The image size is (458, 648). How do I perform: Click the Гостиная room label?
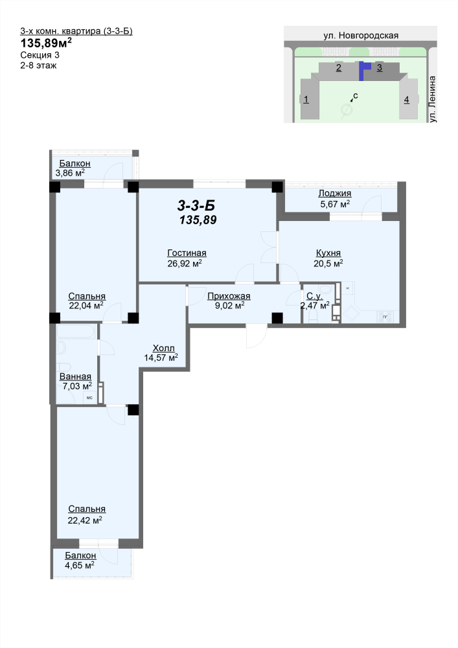point(187,253)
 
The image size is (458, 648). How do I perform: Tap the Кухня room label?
point(328,253)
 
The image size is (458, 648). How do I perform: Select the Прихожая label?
point(229,296)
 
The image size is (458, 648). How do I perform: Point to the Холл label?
point(163,348)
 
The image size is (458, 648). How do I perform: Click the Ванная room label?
point(75,376)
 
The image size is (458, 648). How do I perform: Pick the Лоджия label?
point(334,193)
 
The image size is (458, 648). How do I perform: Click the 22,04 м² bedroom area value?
point(86,306)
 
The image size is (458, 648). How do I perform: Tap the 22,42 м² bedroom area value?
point(85,520)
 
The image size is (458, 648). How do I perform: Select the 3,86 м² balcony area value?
point(70,173)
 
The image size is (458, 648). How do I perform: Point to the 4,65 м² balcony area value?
point(80,565)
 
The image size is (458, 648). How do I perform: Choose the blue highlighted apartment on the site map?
point(363,70)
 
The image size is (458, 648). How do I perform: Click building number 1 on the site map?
point(306,99)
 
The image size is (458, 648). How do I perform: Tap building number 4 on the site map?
point(407,100)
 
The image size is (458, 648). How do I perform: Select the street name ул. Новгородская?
point(361,36)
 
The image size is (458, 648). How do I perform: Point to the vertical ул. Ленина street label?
point(432,98)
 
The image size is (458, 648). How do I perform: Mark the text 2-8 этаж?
point(38,65)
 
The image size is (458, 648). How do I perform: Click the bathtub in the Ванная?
point(76,331)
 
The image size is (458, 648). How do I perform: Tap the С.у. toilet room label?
point(314,296)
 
